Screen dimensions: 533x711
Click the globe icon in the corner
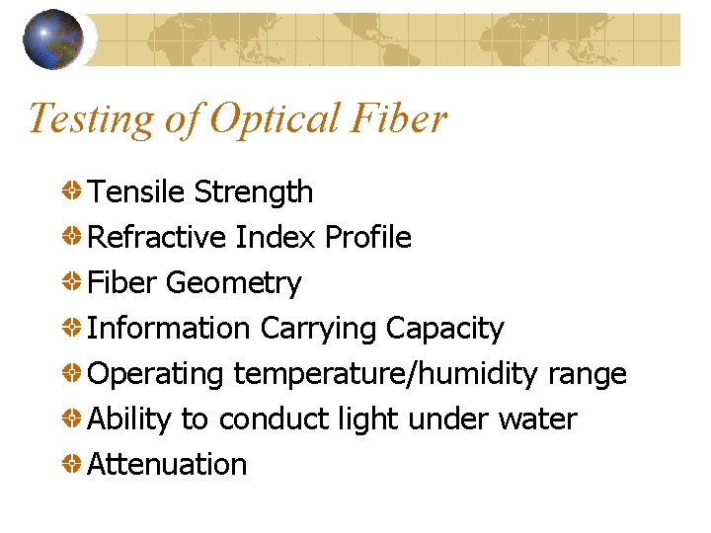coord(53,39)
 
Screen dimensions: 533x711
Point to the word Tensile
coord(136,191)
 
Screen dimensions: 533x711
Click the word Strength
coord(254,192)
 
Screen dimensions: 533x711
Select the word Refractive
coord(158,237)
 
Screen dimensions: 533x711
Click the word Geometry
coord(234,283)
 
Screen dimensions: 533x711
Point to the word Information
coord(169,328)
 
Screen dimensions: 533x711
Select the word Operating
coord(156,374)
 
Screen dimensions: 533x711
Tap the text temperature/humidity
coord(386,374)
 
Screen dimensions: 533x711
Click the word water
coord(538,419)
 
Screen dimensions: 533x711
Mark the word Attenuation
coord(167,464)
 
